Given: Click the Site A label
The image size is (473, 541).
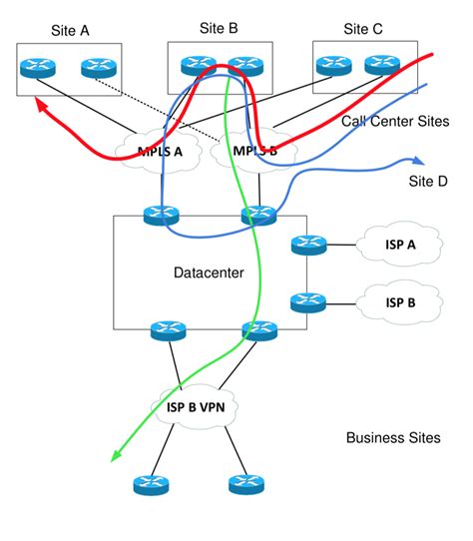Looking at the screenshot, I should tap(70, 31).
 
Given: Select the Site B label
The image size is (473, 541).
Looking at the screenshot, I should tap(218, 29).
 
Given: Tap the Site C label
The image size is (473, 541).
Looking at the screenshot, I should tap(363, 30).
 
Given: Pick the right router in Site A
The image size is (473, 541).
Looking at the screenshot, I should tap(97, 69).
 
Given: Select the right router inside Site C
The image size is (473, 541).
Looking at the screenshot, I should tap(381, 65).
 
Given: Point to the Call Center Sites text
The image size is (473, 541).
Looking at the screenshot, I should tap(395, 122).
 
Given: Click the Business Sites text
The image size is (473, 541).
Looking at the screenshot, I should tap(392, 438).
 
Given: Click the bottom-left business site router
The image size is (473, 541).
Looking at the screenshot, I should tap(150, 485).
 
